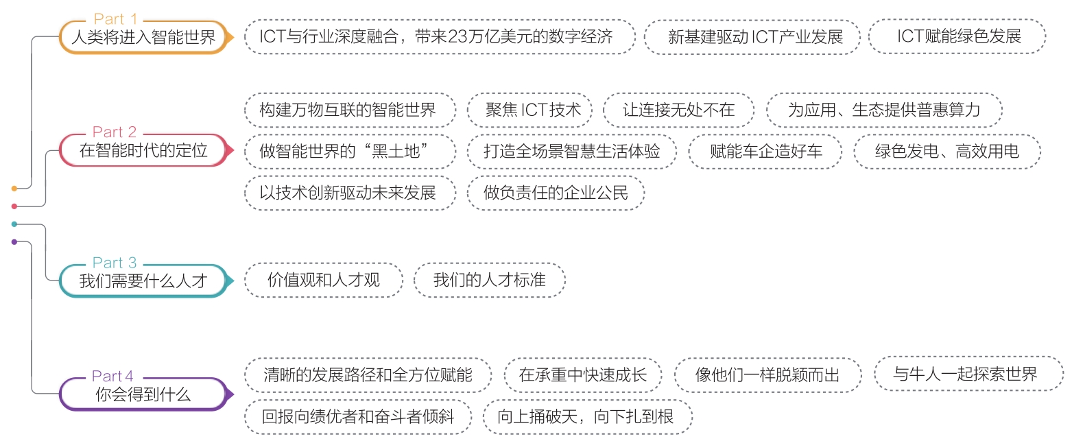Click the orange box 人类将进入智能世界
[x=143, y=37]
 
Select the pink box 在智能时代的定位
[x=143, y=150]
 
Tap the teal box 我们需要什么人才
[x=143, y=281]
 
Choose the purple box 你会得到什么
[x=143, y=394]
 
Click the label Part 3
[x=115, y=263]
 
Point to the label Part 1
[x=115, y=19]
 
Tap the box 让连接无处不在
[x=678, y=110]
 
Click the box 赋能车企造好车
[x=765, y=151]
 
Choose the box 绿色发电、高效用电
[x=946, y=151]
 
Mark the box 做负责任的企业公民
[x=556, y=193]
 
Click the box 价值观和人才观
[x=324, y=281]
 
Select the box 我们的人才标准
[x=490, y=281]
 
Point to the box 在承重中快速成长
[x=583, y=375]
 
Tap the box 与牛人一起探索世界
[x=968, y=374]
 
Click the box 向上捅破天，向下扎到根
[x=588, y=416]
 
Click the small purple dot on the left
[x=14, y=241]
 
